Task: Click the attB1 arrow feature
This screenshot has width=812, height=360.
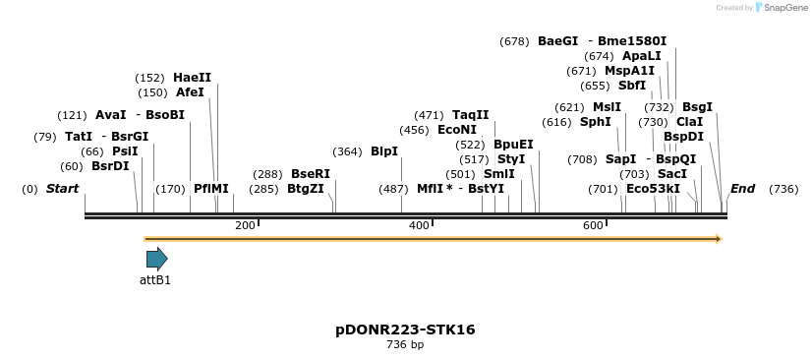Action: [x=156, y=259]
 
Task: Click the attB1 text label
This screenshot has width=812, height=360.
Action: [x=155, y=280]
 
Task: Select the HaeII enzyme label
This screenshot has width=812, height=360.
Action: [x=192, y=78]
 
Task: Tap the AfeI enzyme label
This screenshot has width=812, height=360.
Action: [x=190, y=92]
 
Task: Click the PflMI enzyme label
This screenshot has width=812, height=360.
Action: [x=210, y=189]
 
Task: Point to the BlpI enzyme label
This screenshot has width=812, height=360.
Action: [x=383, y=151]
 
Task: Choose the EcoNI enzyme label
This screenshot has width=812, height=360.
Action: [x=456, y=130]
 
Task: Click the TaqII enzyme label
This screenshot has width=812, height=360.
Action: [x=470, y=115]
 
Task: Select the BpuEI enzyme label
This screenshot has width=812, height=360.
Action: [x=513, y=145]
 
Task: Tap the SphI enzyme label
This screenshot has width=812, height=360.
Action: [x=595, y=122]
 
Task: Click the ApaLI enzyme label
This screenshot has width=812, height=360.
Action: [x=641, y=56]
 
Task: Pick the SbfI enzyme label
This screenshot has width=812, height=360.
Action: [x=632, y=86]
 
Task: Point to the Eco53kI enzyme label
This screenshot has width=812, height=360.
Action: [x=653, y=189]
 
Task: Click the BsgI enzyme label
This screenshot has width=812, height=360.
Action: [x=697, y=107]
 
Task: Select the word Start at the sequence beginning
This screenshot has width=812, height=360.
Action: [x=62, y=189]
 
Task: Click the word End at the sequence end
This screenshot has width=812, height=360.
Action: [x=742, y=189]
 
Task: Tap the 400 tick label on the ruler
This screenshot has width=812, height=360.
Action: [x=419, y=226]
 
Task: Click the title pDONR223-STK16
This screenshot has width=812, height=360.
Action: [x=405, y=330]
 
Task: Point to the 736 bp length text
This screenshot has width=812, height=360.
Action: [x=405, y=345]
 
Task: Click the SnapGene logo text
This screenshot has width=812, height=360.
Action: [x=781, y=8]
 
